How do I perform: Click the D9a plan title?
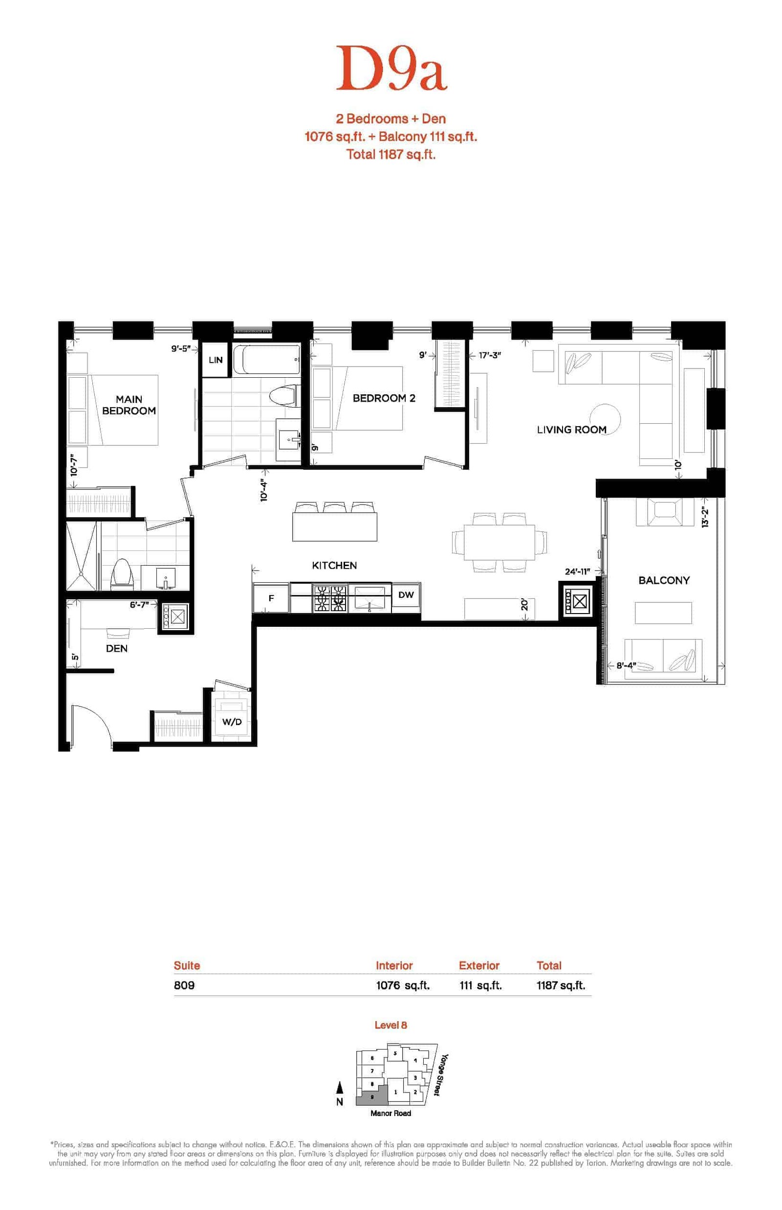[x=391, y=68]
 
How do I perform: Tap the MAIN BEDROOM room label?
[x=129, y=405]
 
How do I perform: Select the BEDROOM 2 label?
[x=384, y=398]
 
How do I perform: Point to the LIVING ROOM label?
[x=572, y=430]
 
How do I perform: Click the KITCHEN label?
[x=334, y=566]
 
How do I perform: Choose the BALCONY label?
[x=664, y=580]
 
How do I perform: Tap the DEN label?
[x=117, y=648]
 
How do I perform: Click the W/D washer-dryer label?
[x=232, y=722]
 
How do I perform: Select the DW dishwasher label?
[x=406, y=594]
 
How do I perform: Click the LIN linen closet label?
[x=216, y=360]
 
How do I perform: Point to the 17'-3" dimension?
[x=490, y=355]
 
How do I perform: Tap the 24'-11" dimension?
[x=577, y=571]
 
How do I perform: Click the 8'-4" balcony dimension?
[x=627, y=665]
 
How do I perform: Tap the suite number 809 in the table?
[x=184, y=985]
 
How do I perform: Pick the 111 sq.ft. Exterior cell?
[x=480, y=985]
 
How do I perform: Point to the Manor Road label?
[x=391, y=1113]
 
